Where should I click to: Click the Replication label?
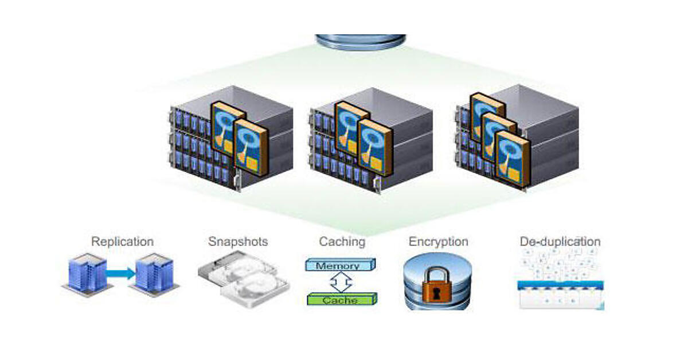tap(122, 241)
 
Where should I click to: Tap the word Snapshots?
tap(238, 241)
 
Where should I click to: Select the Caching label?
tap(342, 241)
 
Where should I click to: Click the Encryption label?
tap(438, 241)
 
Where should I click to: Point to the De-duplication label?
tap(560, 241)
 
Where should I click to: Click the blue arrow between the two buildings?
tap(120, 274)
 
